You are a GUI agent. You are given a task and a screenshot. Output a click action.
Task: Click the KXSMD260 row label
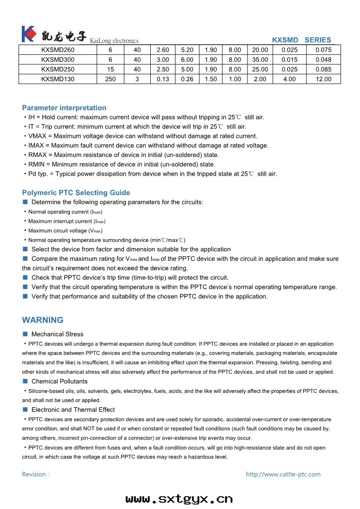[x=58, y=50]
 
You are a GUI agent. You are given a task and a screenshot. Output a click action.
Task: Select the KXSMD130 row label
[x=58, y=79]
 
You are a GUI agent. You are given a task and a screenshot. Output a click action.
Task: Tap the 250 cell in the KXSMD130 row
[x=110, y=79]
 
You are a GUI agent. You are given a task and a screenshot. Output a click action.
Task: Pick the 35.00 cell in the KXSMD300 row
[x=260, y=59]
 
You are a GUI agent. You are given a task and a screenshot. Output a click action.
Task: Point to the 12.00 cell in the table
[x=323, y=79]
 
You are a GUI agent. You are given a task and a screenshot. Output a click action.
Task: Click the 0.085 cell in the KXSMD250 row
[x=323, y=69]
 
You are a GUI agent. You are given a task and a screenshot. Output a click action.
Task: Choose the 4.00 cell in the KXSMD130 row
[x=289, y=79]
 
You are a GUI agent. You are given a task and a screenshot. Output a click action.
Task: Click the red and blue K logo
[x=28, y=34]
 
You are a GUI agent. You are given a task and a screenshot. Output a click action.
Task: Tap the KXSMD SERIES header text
[x=301, y=40]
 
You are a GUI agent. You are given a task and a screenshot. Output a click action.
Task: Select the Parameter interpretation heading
[x=64, y=108]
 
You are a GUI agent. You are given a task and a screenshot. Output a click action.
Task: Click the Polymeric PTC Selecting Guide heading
[x=76, y=193]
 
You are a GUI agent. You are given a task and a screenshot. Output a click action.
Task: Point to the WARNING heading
[x=43, y=320]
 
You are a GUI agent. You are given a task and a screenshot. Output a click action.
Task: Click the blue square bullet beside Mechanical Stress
[x=25, y=334]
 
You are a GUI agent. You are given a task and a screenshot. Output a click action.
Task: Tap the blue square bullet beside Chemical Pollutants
[x=25, y=382]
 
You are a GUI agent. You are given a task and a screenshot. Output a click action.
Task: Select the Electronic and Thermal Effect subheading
[x=73, y=410]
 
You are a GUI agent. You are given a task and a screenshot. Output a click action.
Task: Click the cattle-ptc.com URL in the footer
[x=283, y=475]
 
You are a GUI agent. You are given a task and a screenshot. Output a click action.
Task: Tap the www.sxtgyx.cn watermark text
[x=179, y=499]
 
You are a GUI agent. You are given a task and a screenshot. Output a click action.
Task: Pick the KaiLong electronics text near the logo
[x=114, y=41]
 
